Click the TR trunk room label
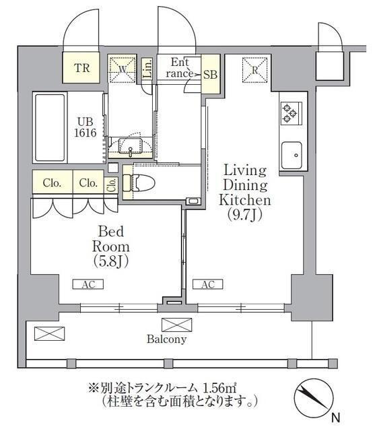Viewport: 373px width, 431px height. pos(81,68)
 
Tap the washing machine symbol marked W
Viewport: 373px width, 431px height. pos(122,69)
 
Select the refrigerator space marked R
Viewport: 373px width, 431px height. pos(255,70)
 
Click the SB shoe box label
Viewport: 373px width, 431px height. pos(210,75)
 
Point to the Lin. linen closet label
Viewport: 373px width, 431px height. pos(147,69)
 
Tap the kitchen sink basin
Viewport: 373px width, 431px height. pos(292,156)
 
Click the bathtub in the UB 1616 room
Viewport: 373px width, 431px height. pos(50,128)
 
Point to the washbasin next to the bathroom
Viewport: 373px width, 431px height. pos(131,145)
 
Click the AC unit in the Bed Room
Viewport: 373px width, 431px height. pos(88,284)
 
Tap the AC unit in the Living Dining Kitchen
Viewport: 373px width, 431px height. pos(207,284)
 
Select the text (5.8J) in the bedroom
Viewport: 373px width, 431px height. pos(111,261)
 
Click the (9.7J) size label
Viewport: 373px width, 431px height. pos(244,215)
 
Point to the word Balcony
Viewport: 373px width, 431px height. pos(166,339)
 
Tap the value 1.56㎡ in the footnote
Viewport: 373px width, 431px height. pos(219,389)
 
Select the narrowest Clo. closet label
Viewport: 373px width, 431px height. pos(112,185)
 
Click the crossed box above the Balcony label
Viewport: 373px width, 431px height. pos(176,325)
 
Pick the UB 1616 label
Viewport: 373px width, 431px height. pos(86,127)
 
